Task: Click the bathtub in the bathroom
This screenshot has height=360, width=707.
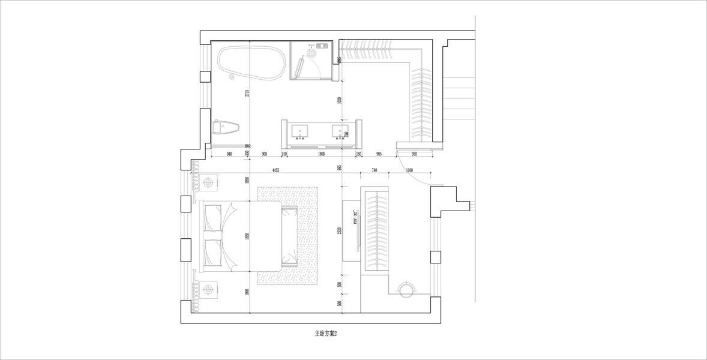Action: (250, 63)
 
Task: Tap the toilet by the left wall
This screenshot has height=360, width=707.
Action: (226, 127)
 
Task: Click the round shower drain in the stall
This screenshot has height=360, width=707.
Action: (311, 53)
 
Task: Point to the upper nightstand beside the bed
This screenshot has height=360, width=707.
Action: (209, 181)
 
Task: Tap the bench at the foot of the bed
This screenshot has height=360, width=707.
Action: (289, 236)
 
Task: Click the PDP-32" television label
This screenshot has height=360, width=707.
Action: (355, 217)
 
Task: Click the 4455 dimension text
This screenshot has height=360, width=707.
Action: (275, 170)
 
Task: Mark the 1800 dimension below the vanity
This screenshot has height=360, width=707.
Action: (321, 154)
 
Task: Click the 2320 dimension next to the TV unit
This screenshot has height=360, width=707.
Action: (339, 232)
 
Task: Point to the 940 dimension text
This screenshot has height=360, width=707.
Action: (229, 154)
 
